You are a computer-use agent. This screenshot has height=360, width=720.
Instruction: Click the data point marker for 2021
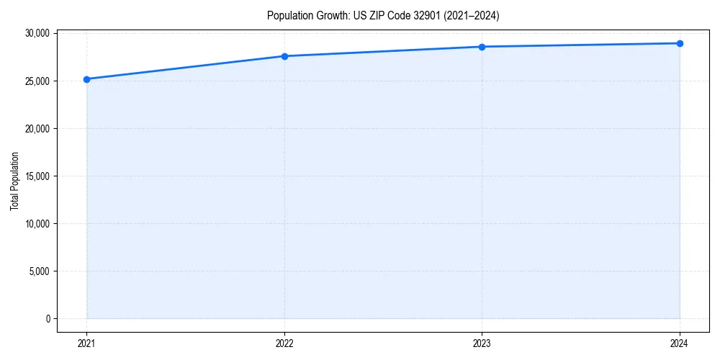tap(86, 79)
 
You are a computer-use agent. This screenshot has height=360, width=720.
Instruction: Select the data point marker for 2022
tap(284, 56)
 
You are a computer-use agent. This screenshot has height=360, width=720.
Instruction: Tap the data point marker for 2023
tap(482, 47)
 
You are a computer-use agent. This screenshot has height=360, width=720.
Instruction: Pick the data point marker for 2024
tap(680, 43)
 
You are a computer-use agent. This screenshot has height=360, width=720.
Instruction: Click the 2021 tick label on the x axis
tap(86, 343)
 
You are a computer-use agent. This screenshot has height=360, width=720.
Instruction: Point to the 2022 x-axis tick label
tap(284, 343)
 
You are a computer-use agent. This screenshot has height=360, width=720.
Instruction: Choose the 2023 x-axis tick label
tap(482, 343)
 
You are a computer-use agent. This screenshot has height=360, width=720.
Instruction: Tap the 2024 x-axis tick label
tap(680, 343)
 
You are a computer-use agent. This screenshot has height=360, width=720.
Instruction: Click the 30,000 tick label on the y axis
tap(37, 34)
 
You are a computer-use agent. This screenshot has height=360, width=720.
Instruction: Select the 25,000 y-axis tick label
tap(37, 81)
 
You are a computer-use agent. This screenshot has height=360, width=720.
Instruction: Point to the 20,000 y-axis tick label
tap(37, 129)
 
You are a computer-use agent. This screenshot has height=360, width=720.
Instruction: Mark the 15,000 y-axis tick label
tap(37, 176)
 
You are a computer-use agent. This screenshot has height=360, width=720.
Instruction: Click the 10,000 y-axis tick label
tap(37, 224)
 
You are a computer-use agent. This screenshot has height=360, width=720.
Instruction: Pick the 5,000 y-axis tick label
tap(39, 271)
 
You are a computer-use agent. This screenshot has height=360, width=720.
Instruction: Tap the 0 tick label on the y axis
tap(48, 319)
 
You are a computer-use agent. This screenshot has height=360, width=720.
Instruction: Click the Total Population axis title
tap(14, 181)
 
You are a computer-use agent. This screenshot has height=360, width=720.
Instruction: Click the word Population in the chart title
tap(287, 15)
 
